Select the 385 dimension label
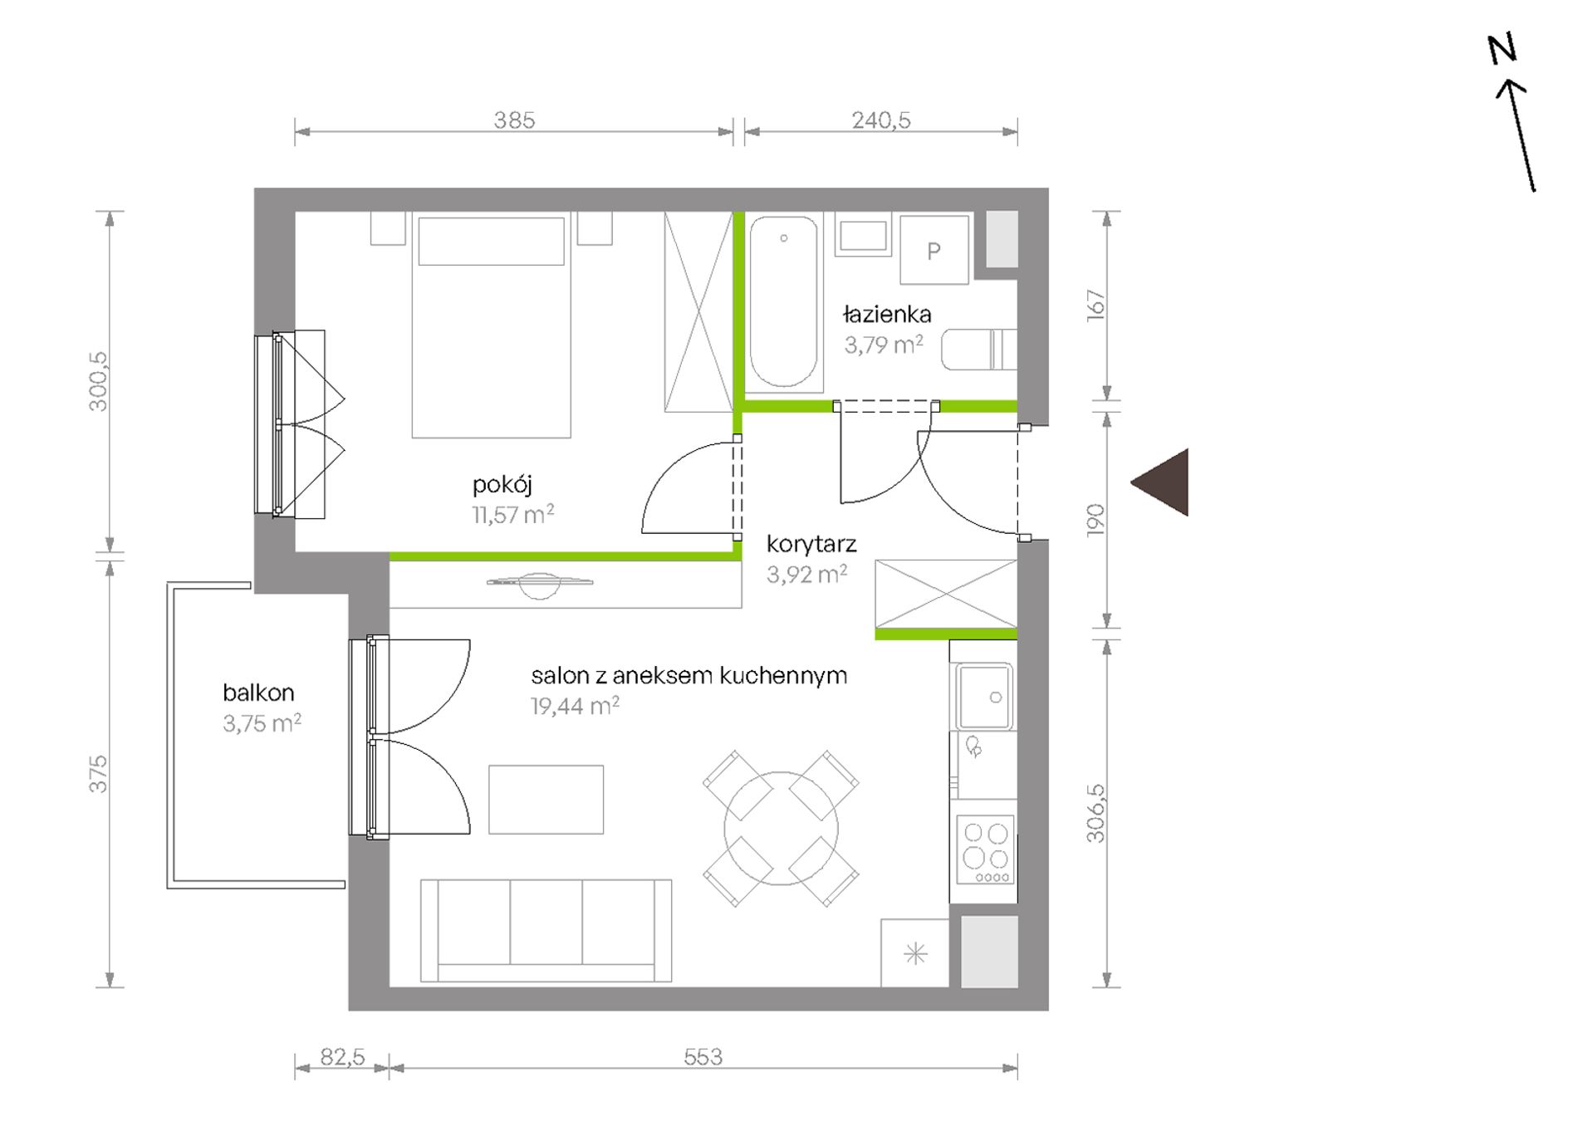click(514, 120)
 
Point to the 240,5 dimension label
click(881, 120)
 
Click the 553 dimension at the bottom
click(703, 1057)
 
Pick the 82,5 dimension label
click(342, 1057)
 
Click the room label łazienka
click(887, 314)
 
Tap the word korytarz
click(811, 545)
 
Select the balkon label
click(258, 693)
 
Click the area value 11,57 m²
click(513, 515)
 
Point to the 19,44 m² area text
click(575, 707)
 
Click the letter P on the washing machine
click(934, 251)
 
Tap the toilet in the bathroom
click(978, 349)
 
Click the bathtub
click(783, 301)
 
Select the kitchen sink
click(983, 696)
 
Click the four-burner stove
click(986, 849)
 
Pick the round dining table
click(781, 829)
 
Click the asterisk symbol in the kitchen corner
click(915, 954)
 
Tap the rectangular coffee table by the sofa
click(546, 800)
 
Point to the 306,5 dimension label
click(1095, 814)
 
